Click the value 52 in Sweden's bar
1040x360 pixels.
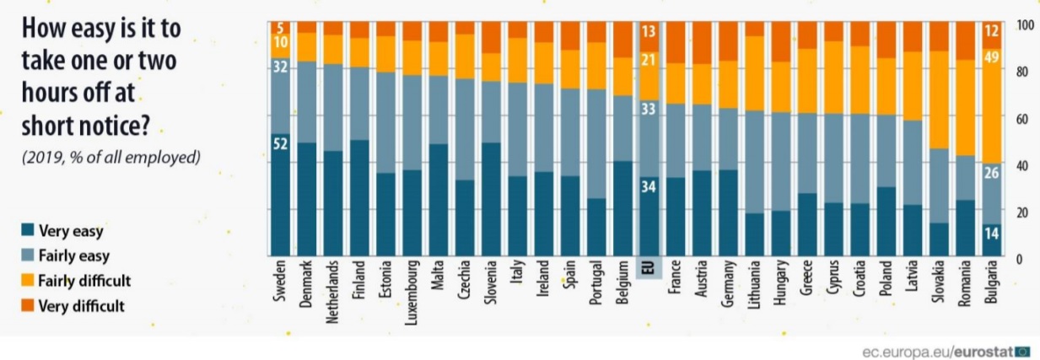tap(281, 143)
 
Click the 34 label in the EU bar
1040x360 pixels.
tap(649, 187)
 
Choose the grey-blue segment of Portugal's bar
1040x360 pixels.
tap(596, 143)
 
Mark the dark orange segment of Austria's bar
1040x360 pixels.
tap(701, 42)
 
